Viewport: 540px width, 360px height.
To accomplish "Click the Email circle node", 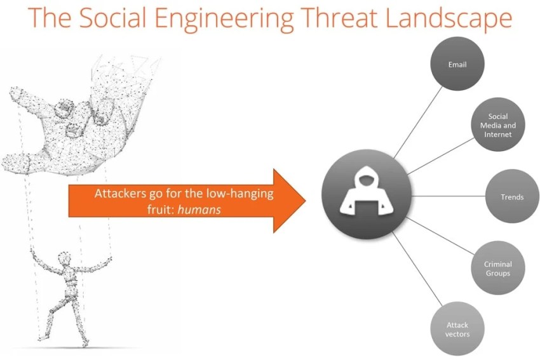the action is [x=457, y=64].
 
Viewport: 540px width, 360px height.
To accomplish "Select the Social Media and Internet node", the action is [x=498, y=124].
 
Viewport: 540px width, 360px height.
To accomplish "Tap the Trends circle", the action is [x=512, y=197].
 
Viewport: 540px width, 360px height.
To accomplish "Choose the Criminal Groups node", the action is [x=498, y=268].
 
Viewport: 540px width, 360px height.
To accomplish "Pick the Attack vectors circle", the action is [x=457, y=329].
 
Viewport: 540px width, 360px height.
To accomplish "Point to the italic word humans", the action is [x=199, y=210].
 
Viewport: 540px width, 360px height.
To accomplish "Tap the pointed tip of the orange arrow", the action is [x=306, y=201].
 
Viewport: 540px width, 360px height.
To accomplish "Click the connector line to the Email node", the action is [x=418, y=123].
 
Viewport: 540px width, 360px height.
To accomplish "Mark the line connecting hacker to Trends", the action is [x=448, y=196].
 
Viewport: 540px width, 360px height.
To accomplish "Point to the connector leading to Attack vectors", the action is [x=417, y=269].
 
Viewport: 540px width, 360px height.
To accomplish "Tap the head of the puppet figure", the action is [x=64, y=258].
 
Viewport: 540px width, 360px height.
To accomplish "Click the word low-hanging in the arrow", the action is [x=240, y=194].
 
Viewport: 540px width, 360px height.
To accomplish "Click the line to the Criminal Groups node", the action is [x=440, y=236].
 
